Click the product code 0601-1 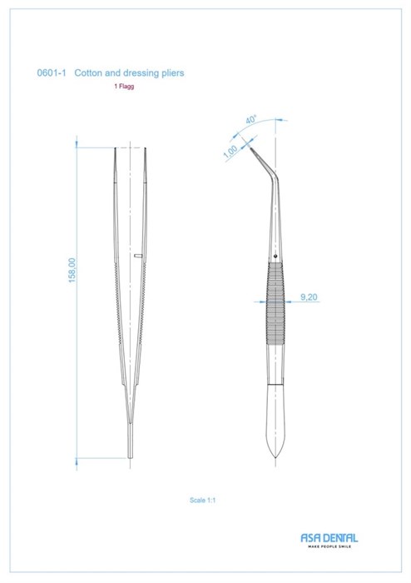coord(52,72)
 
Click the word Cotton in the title coord(88,72)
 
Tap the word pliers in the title coord(173,73)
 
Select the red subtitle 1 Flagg coord(124,87)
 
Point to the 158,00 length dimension coord(72,271)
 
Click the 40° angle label coord(251,120)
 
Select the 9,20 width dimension coord(309,296)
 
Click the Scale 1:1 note coord(202,500)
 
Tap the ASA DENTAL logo coord(329,538)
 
